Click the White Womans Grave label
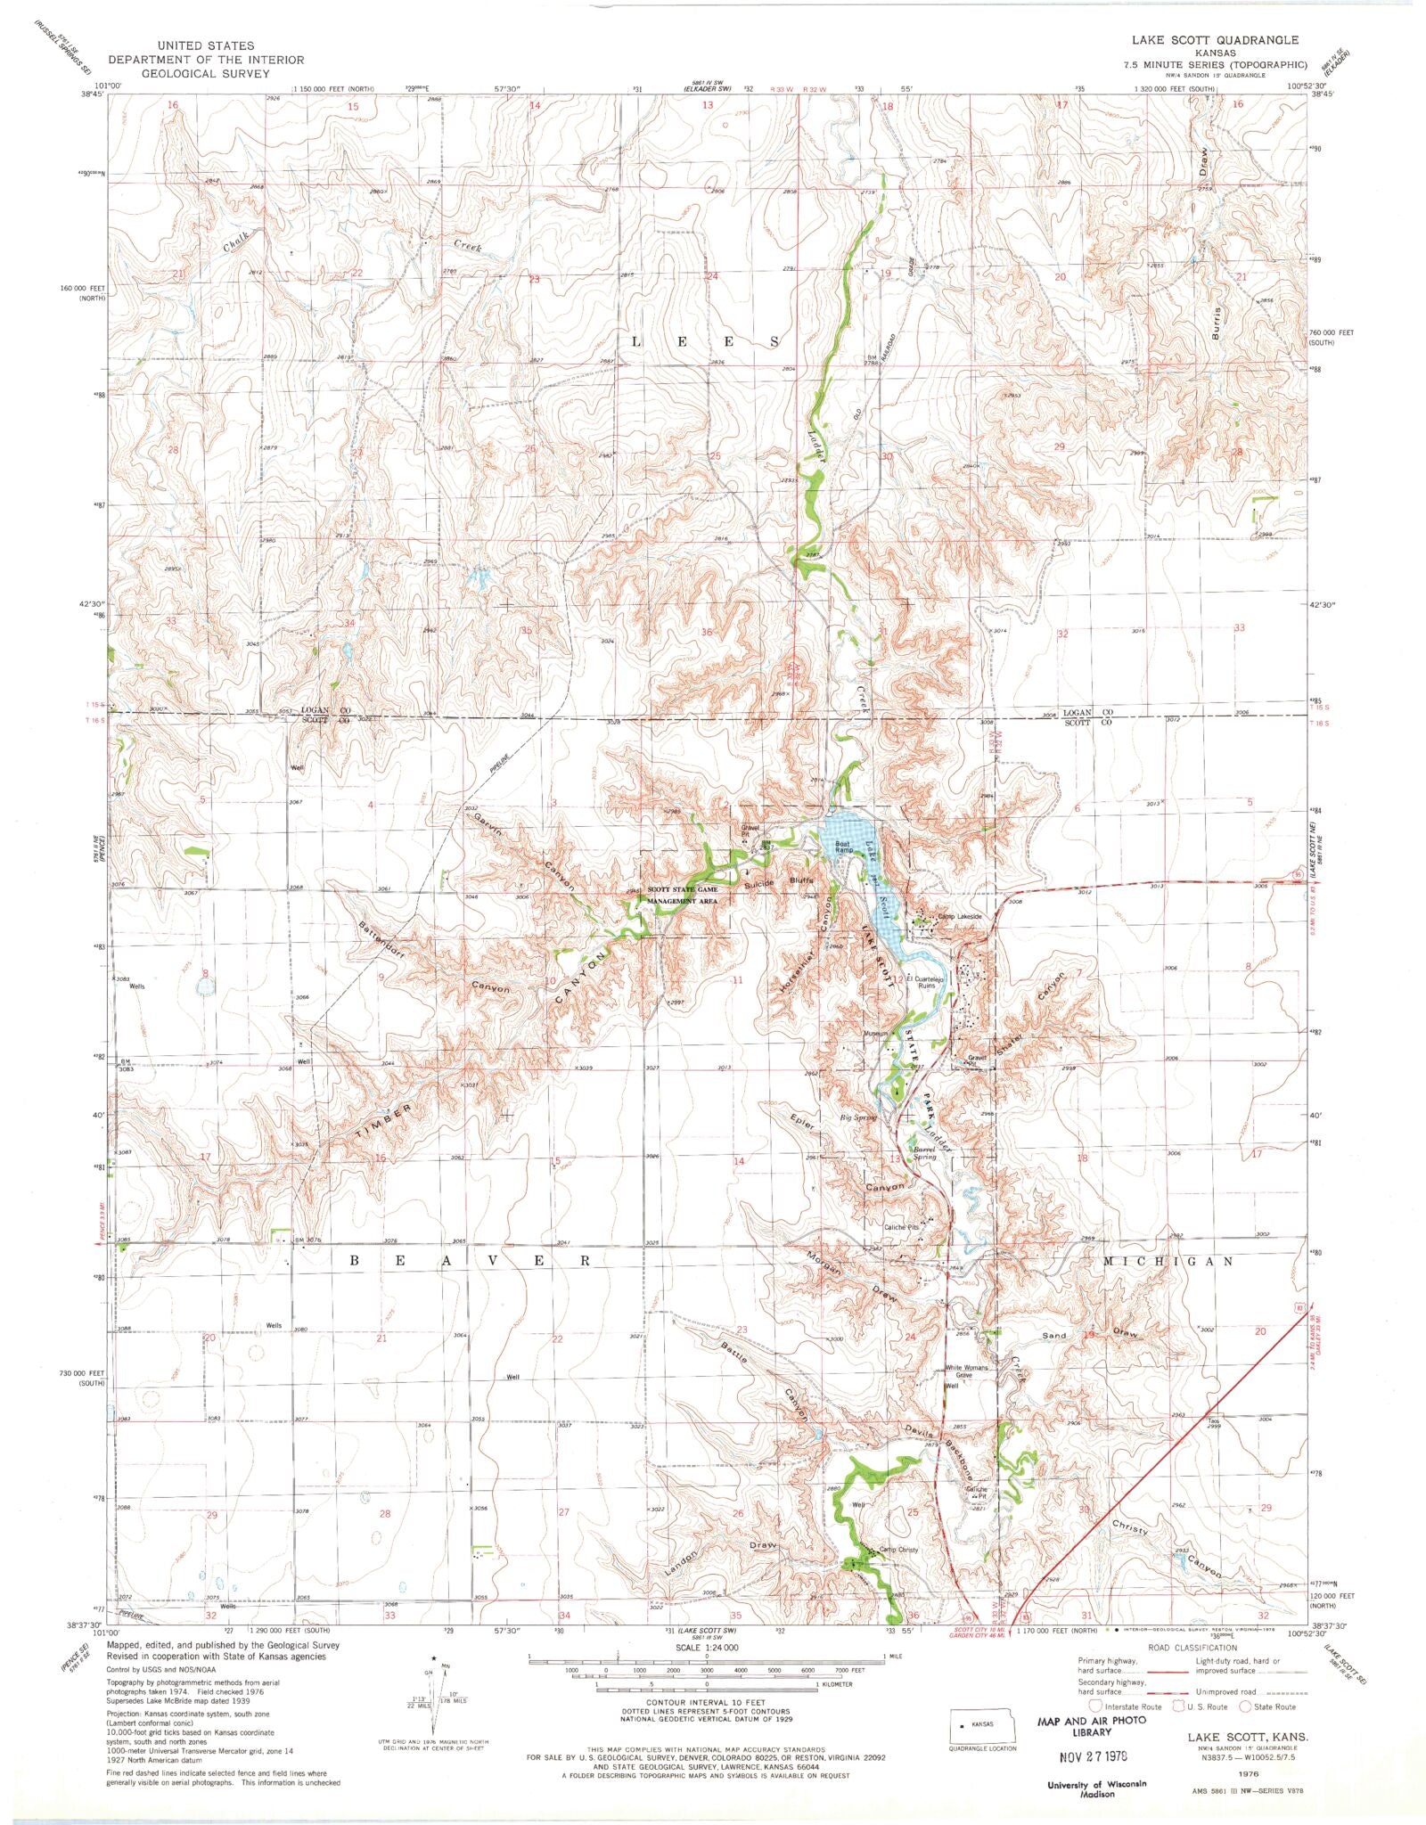(970, 1371)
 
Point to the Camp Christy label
(899, 1550)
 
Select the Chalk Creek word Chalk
(240, 241)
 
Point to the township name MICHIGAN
(1168, 1261)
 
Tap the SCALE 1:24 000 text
(706, 1648)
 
